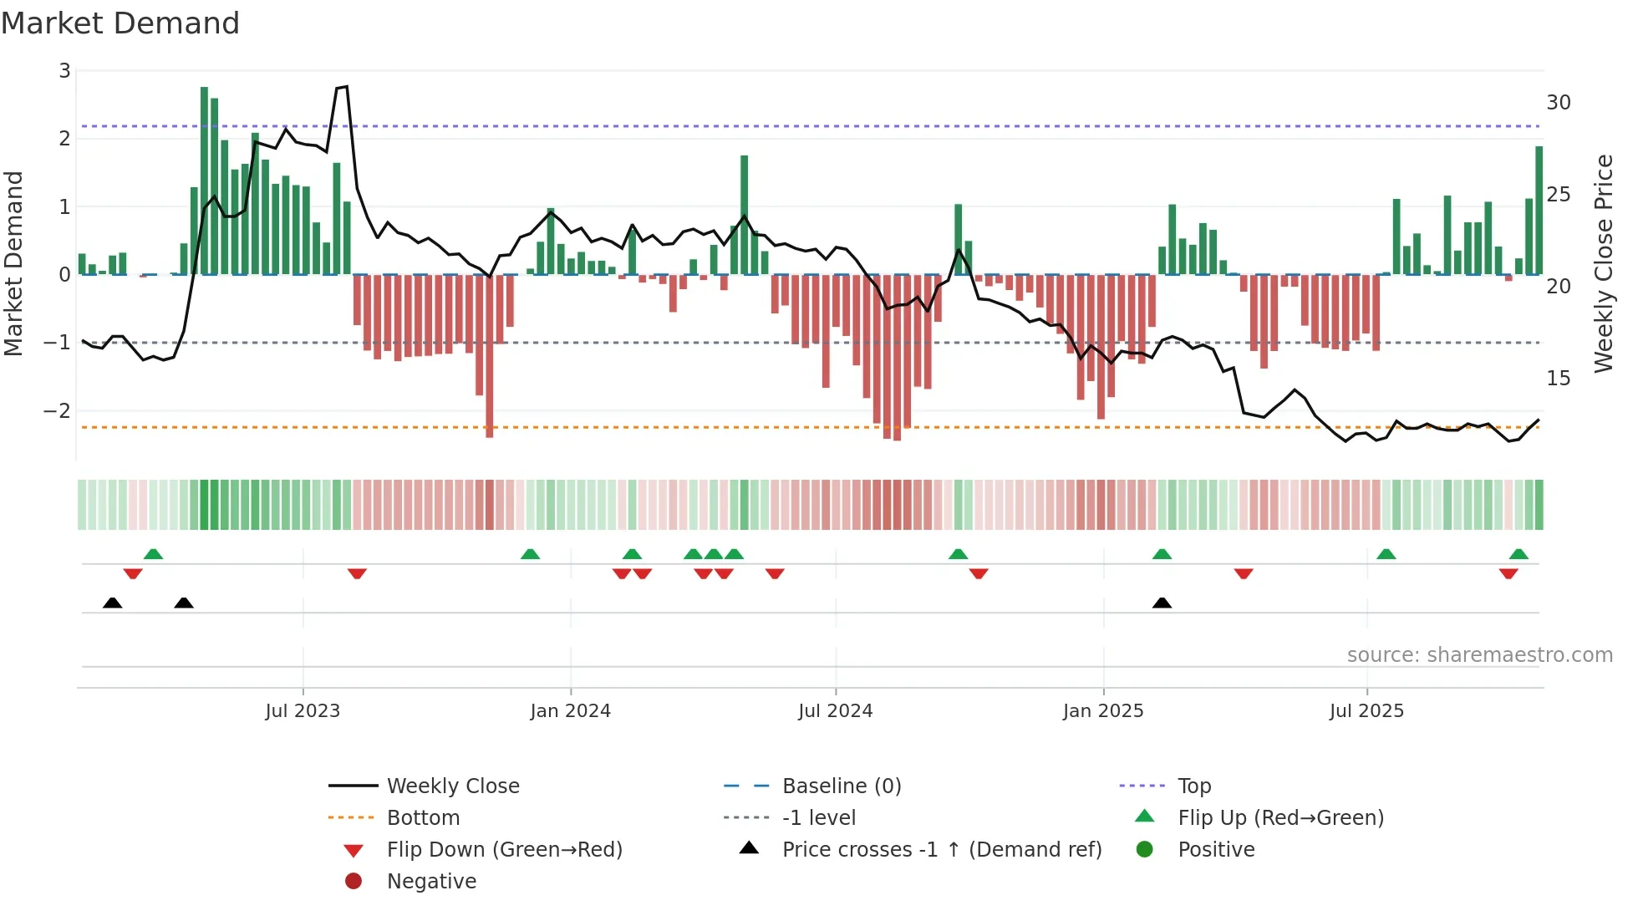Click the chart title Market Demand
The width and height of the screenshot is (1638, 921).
click(120, 23)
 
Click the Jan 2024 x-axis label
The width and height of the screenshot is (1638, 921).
click(570, 711)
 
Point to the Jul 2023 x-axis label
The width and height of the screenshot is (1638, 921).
click(303, 711)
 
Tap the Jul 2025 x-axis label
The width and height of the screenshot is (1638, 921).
click(1366, 711)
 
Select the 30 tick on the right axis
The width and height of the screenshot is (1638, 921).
click(1558, 103)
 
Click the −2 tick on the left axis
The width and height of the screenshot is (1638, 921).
click(57, 410)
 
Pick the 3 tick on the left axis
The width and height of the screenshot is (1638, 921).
click(64, 71)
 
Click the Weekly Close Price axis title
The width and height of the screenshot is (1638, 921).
click(1603, 263)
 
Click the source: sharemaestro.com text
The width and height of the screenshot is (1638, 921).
click(1479, 655)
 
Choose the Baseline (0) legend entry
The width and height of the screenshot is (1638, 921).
click(841, 786)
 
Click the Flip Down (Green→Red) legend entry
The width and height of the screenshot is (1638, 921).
click(504, 850)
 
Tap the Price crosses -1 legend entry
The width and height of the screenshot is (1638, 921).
click(941, 850)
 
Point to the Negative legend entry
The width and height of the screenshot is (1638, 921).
click(431, 882)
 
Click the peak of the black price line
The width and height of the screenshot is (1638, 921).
click(346, 86)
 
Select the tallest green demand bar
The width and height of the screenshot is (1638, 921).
click(204, 180)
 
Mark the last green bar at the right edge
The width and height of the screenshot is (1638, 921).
click(1539, 209)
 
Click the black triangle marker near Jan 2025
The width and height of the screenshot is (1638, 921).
click(1162, 603)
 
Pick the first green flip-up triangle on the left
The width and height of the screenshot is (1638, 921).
click(153, 553)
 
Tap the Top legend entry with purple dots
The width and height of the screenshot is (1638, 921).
click(1193, 786)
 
